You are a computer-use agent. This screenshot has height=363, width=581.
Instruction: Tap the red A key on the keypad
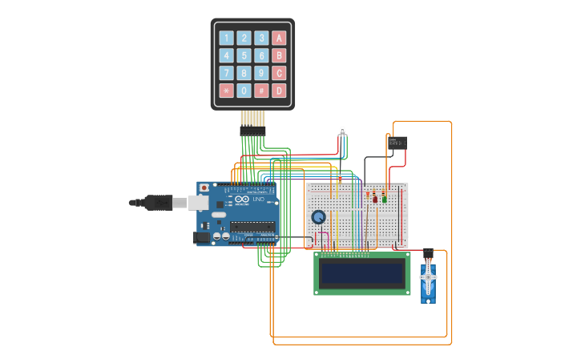click(x=279, y=38)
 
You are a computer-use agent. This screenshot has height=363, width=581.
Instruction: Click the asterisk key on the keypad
click(x=226, y=91)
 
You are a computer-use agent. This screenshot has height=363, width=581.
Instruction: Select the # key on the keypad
click(x=261, y=91)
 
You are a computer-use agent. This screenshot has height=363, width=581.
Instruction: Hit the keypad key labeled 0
click(x=244, y=91)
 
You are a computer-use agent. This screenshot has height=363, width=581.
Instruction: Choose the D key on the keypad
click(x=279, y=91)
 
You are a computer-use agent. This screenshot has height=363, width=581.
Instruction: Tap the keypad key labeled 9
click(x=261, y=73)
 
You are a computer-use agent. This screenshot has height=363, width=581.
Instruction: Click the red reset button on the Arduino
click(x=204, y=188)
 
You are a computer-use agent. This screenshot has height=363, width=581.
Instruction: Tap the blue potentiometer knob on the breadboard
click(x=319, y=217)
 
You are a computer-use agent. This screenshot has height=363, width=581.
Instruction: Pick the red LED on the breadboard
click(x=374, y=198)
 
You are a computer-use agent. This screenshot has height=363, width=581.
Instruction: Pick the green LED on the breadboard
click(x=384, y=197)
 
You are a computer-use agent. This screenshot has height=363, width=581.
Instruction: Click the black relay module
click(x=397, y=143)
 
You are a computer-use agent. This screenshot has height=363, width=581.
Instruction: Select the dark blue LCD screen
click(x=362, y=273)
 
